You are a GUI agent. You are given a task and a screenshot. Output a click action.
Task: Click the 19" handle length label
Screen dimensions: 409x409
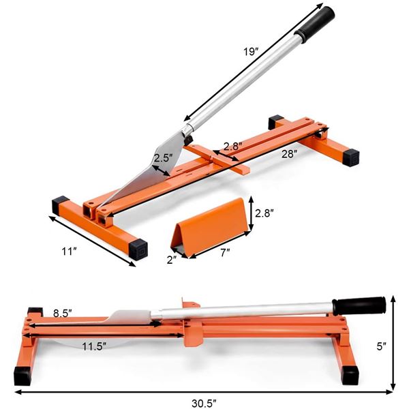pyautogui.click(x=251, y=51)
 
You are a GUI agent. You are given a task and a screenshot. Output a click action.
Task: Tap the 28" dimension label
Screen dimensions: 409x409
pyautogui.click(x=290, y=154)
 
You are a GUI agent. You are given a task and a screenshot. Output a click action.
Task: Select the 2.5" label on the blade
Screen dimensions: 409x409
pyautogui.click(x=163, y=158)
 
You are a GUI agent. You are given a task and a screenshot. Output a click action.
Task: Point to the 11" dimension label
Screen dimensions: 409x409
pyautogui.click(x=69, y=252)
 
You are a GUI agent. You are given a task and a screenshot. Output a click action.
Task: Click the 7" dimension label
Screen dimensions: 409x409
pyautogui.click(x=225, y=252)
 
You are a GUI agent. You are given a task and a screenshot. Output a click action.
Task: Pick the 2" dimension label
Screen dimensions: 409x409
pyautogui.click(x=172, y=260)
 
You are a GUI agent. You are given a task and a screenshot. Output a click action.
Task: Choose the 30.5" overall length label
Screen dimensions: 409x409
pyautogui.click(x=204, y=403)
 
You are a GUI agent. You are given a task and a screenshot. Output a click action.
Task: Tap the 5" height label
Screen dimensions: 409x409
pyautogui.click(x=381, y=346)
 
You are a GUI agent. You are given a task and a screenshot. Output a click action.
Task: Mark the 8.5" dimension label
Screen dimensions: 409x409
pyautogui.click(x=63, y=314)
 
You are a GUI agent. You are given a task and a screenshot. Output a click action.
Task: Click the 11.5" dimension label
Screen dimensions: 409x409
pyautogui.click(x=94, y=346)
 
